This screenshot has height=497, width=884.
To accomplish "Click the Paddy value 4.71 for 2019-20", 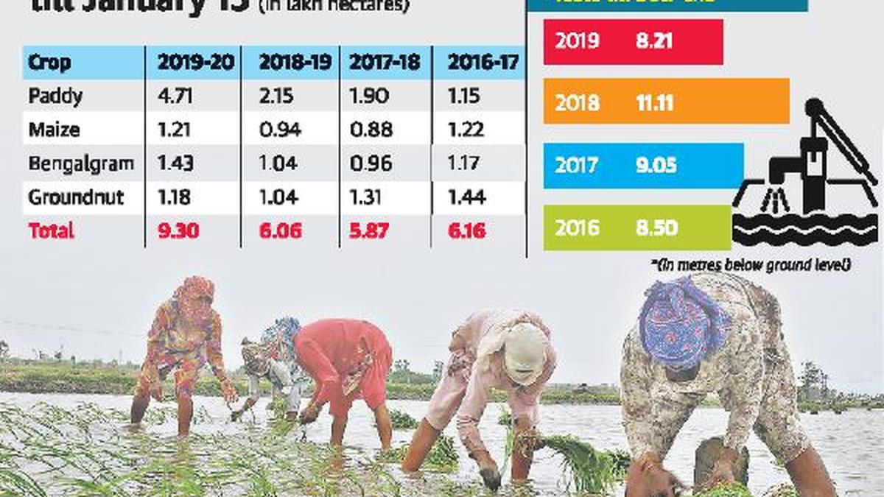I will [173, 96].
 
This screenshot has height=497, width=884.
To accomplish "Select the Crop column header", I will [49, 63].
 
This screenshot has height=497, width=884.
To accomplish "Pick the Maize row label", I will [54, 130].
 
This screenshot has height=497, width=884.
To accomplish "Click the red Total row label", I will [51, 230].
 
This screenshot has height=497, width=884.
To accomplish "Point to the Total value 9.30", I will [178, 230].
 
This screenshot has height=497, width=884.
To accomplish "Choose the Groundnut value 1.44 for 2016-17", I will [466, 197].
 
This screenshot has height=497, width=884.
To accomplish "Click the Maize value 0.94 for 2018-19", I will [278, 130].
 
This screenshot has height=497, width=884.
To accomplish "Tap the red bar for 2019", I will [633, 42].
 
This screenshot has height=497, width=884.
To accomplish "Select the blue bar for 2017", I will [643, 166].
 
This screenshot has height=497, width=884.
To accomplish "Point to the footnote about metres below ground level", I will [751, 264].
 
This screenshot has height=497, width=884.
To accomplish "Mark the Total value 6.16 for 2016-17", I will [466, 230].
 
